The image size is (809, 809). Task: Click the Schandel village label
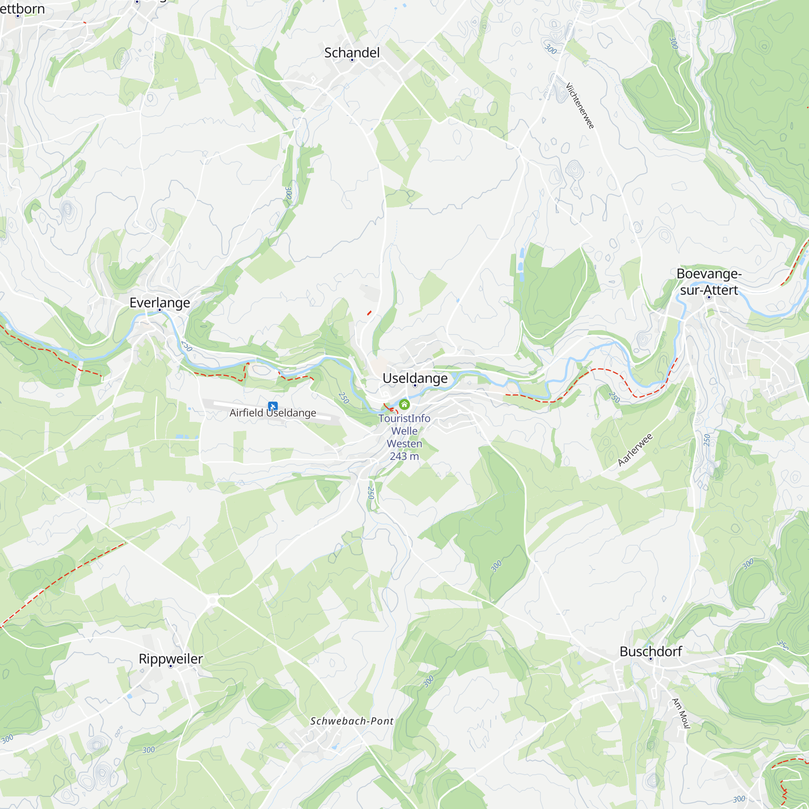pos(352,53)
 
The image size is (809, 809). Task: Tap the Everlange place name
pos(159,302)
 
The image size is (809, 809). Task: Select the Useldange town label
pos(415,378)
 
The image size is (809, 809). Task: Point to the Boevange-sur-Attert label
pos(709,282)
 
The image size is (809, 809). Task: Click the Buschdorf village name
pos(651,652)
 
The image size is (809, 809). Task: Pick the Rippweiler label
pos(170,659)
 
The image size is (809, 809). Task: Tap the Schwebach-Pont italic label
pos(352,721)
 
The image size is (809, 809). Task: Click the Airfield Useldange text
pos(273,413)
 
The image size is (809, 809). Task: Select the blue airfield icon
pos(273,406)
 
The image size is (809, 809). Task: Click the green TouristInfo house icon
pos(404,404)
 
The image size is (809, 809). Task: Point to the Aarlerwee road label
pos(635,450)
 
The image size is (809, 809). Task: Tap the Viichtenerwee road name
pos(580,106)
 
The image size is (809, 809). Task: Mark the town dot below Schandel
pos(352,60)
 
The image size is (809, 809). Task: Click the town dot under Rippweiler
pos(170,666)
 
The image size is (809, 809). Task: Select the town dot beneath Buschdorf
pos(651,659)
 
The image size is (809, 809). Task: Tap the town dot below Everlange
pos(159,310)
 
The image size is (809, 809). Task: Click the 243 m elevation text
pos(404,456)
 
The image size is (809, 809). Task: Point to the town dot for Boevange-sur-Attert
pos(709,297)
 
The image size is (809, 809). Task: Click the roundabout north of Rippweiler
pos(213,601)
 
